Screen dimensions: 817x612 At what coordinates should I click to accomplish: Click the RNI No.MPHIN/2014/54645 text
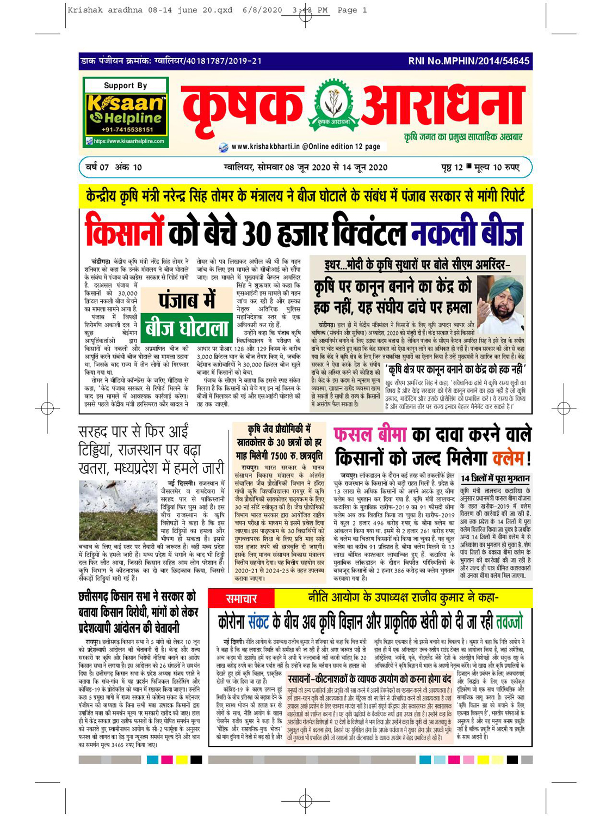468,61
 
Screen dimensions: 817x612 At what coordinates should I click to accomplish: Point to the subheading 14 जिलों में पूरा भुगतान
495,478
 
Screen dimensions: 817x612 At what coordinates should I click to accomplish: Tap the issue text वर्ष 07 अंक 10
114,167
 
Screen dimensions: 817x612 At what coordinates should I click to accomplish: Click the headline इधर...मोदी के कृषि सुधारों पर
417,266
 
